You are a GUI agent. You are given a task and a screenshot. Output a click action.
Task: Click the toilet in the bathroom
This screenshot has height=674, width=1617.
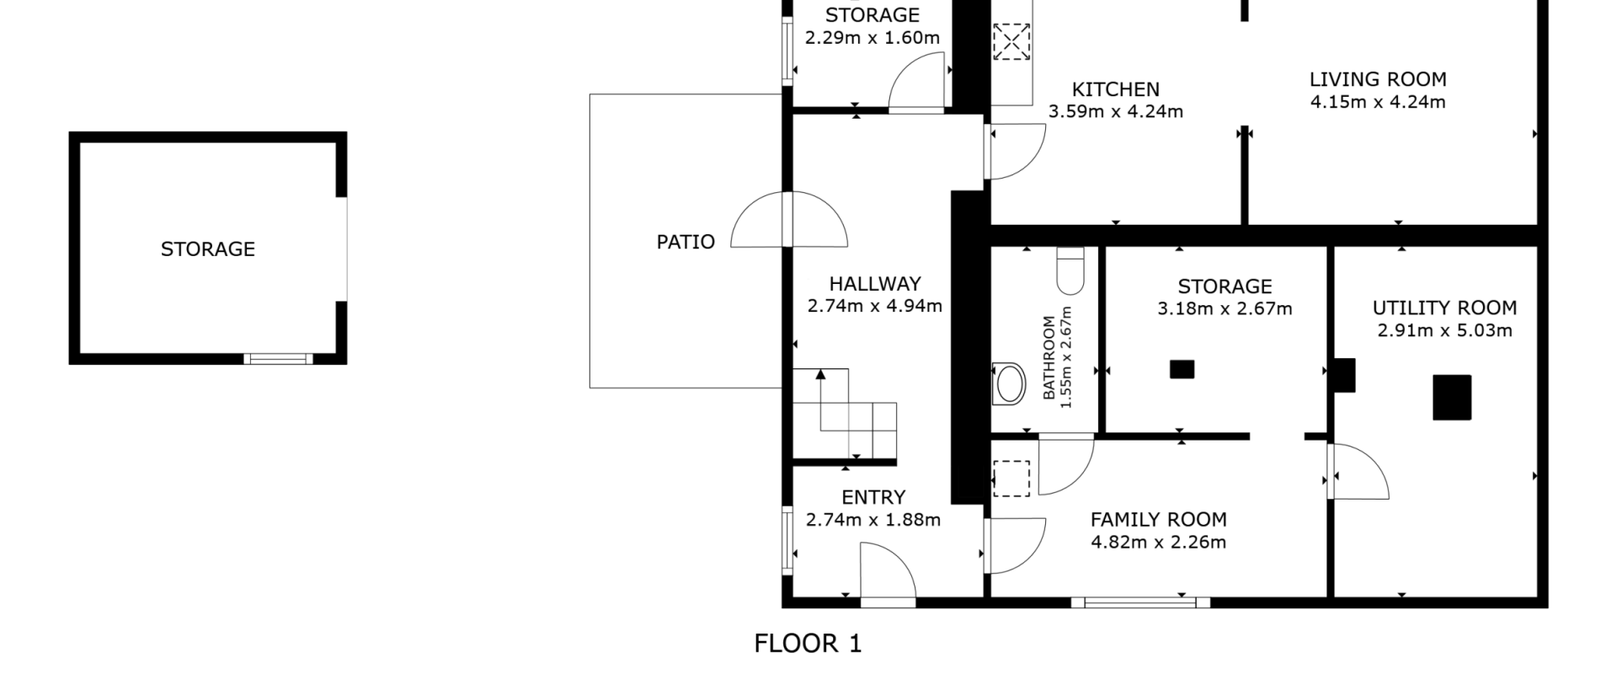click(x=1070, y=270)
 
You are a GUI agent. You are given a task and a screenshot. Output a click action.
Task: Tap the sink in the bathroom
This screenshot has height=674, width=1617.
click(x=1009, y=383)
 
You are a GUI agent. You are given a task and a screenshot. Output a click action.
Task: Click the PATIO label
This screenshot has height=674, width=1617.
click(x=686, y=242)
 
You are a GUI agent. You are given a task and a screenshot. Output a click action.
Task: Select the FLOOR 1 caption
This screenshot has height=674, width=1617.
click(x=808, y=644)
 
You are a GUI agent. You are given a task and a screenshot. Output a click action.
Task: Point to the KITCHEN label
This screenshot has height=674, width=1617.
click(x=1115, y=89)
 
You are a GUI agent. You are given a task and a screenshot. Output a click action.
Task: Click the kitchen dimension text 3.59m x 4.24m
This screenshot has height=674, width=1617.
click(x=1115, y=111)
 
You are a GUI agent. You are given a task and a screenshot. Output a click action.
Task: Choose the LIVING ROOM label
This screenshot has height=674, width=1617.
click(x=1378, y=79)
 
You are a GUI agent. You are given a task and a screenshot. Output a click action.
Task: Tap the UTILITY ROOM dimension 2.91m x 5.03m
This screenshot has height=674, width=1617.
click(x=1444, y=330)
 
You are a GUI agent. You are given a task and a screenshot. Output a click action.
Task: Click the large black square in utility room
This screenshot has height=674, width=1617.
click(x=1452, y=398)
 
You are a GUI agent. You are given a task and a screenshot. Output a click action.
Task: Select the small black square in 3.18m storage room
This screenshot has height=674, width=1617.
click(x=1182, y=369)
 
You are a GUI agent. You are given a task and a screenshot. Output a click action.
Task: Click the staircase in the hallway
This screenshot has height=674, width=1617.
click(x=845, y=415)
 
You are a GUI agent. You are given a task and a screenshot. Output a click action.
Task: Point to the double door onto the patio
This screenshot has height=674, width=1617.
click(x=789, y=220)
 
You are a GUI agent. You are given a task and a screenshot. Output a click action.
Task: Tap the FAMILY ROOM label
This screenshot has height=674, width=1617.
click(x=1158, y=520)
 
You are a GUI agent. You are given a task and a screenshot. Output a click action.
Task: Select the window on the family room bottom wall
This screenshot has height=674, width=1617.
click(x=1140, y=602)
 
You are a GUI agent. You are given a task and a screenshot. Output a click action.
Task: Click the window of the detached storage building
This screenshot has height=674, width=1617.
click(x=278, y=359)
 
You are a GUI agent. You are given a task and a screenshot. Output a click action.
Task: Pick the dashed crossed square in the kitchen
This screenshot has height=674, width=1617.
click(x=1011, y=41)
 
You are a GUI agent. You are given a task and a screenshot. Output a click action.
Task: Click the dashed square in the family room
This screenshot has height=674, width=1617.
click(x=1011, y=478)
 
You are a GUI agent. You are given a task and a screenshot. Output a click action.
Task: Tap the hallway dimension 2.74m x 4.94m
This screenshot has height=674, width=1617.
click(x=874, y=306)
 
